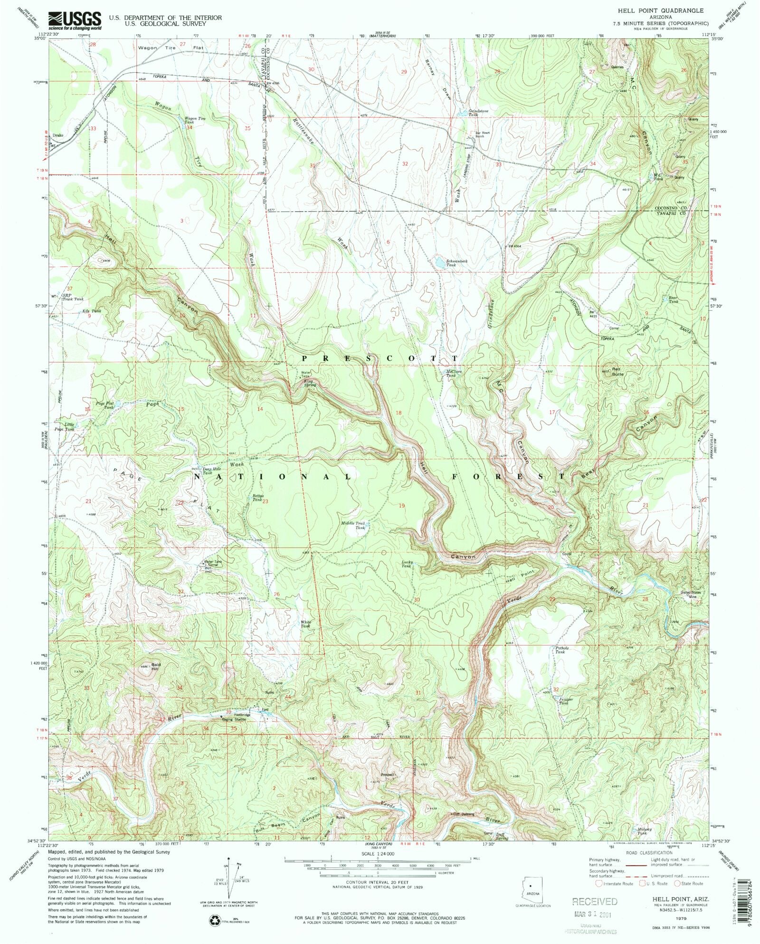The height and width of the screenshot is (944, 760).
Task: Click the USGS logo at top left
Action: point(75,20)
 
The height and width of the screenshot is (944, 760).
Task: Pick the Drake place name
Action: point(57,135)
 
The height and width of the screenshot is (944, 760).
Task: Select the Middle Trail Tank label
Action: point(354,525)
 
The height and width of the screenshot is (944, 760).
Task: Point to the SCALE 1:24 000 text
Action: point(378,853)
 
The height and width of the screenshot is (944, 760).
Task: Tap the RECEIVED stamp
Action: point(595,901)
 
